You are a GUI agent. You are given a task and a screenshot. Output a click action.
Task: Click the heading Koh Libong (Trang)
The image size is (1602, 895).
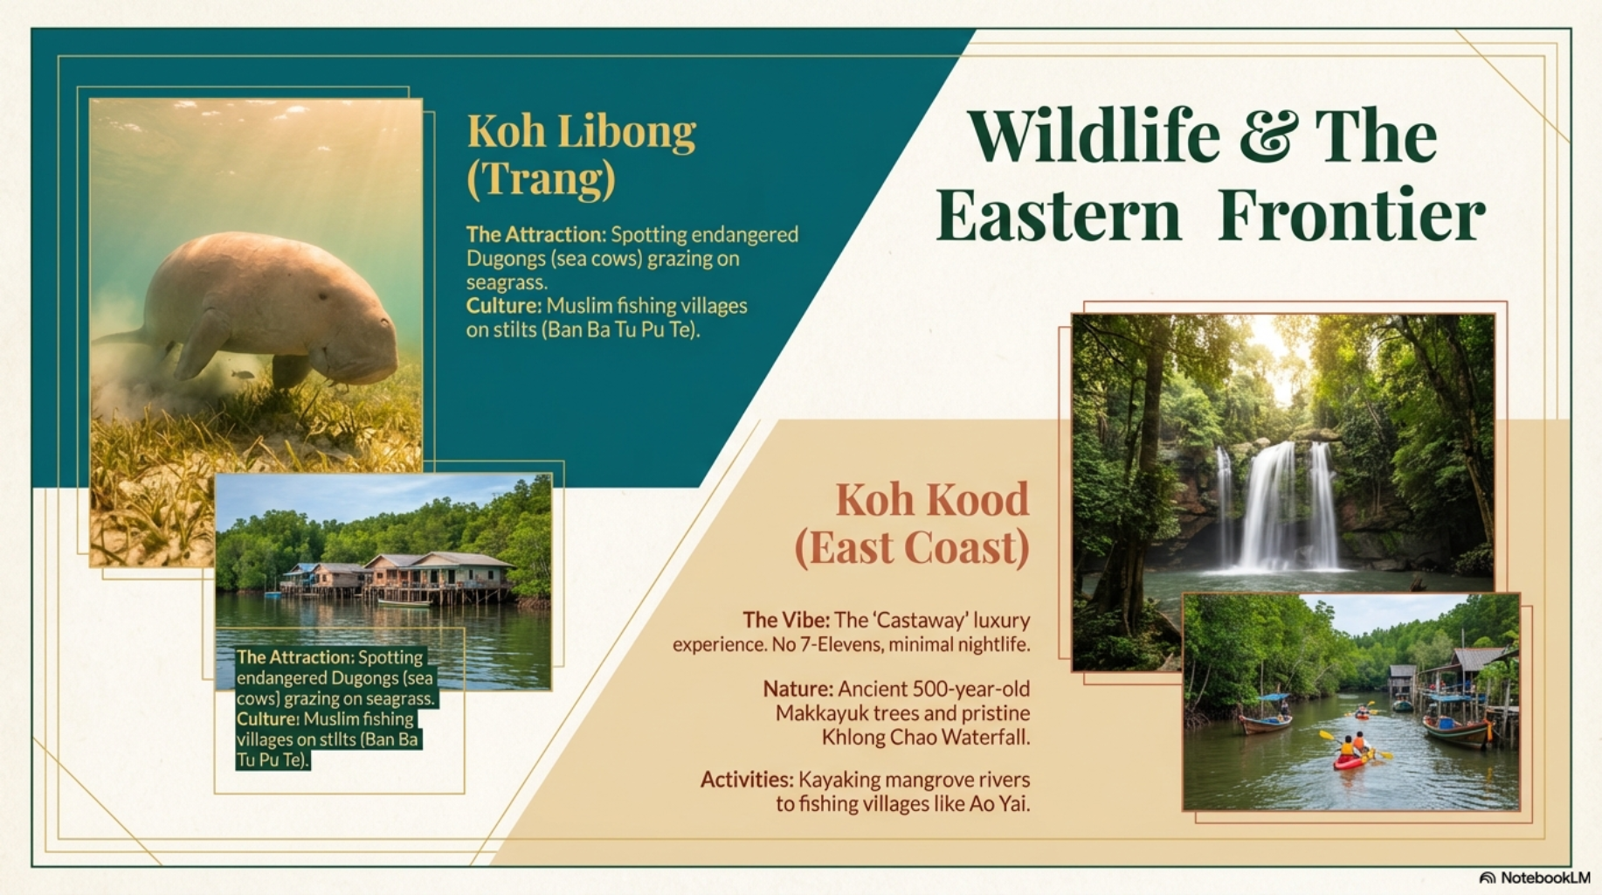pyautogui.click(x=581, y=155)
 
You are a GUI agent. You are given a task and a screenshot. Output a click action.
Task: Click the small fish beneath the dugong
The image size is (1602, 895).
pyautogui.click(x=243, y=375)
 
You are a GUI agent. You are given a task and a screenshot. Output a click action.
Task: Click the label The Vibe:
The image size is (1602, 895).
pyautogui.click(x=784, y=621)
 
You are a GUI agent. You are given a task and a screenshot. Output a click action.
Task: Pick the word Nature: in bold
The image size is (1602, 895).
pyautogui.click(x=798, y=690)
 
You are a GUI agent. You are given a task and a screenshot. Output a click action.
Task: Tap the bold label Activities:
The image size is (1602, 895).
pyautogui.click(x=746, y=780)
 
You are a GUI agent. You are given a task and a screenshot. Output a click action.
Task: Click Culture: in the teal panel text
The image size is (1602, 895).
pyautogui.click(x=503, y=306)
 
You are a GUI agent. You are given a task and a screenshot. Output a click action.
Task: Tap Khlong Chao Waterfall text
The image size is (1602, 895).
pyautogui.click(x=926, y=738)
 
